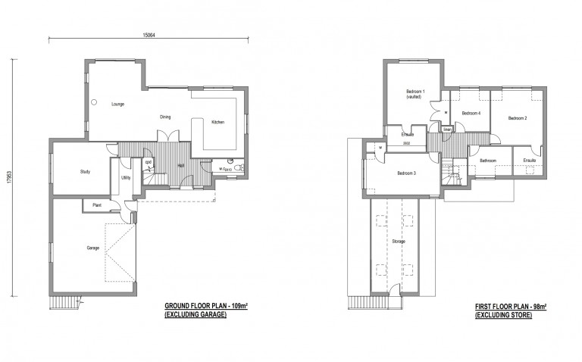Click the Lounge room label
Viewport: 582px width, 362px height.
117,104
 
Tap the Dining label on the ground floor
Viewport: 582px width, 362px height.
165,117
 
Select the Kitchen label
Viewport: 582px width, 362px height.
217,122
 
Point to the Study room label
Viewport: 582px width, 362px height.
85,172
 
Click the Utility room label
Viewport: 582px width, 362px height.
126,178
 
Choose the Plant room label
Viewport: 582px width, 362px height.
97,205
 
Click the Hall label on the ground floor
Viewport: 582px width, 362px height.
182,165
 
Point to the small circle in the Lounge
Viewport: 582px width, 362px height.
95,101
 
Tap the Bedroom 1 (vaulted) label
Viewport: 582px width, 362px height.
414,95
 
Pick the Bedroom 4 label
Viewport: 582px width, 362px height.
471,113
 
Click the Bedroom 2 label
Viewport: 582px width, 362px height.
518,118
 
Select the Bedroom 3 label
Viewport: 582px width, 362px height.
407,173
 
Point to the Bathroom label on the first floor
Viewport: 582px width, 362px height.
488,161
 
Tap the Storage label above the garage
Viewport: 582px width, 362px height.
399,242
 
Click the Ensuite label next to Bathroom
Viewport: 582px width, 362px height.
529,161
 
